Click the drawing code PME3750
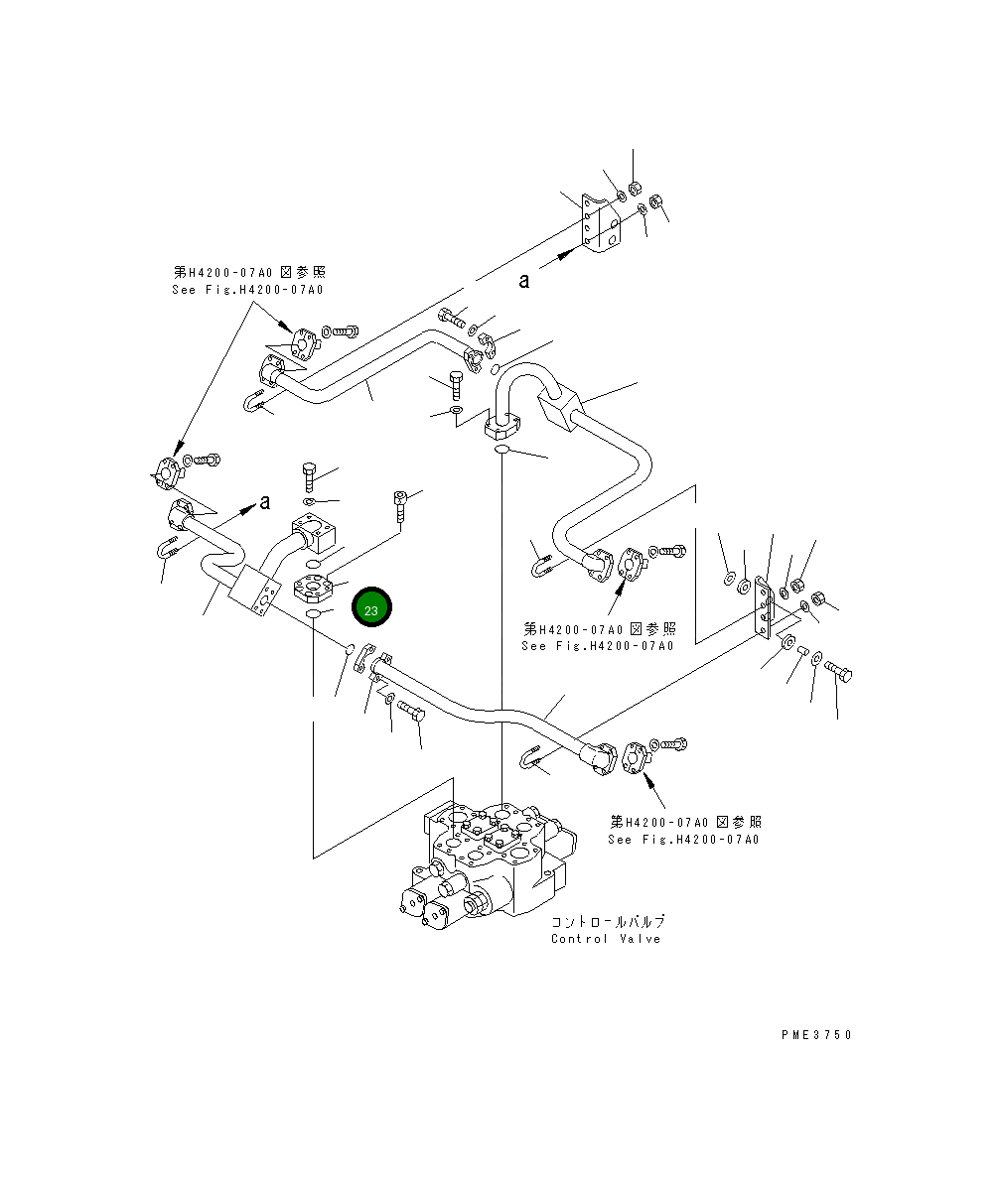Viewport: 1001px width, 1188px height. pyautogui.click(x=816, y=1035)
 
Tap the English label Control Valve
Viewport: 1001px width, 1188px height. pyautogui.click(x=606, y=939)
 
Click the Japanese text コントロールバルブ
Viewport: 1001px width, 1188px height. pyautogui.click(x=608, y=921)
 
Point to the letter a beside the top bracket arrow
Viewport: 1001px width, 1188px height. pyautogui.click(x=524, y=281)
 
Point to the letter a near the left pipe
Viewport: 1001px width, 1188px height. pyautogui.click(x=265, y=502)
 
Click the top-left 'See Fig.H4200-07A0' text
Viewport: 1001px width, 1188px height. pyautogui.click(x=248, y=290)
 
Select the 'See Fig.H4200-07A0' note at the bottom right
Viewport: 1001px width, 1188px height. pyautogui.click(x=683, y=840)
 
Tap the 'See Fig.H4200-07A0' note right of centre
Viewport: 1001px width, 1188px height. pyautogui.click(x=598, y=646)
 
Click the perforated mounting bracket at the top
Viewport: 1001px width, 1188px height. pyautogui.click(x=601, y=222)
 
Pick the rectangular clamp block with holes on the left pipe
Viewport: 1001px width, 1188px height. pyautogui.click(x=254, y=591)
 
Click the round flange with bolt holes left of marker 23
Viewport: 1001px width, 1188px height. pyautogui.click(x=313, y=588)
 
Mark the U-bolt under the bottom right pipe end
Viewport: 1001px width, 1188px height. pyautogui.click(x=529, y=758)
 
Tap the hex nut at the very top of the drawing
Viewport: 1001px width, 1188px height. pyautogui.click(x=636, y=188)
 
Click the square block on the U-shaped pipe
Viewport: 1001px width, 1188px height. pyautogui.click(x=560, y=410)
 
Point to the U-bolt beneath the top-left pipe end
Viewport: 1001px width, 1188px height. pyautogui.click(x=253, y=402)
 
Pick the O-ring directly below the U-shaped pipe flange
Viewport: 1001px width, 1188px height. pyautogui.click(x=501, y=450)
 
